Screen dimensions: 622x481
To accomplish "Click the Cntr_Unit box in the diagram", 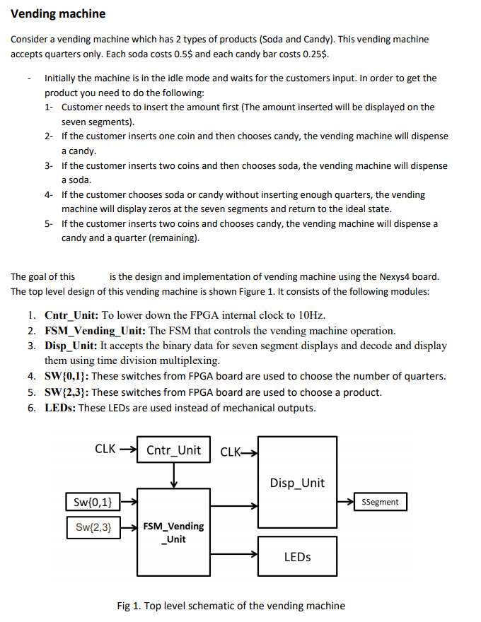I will tap(173, 450).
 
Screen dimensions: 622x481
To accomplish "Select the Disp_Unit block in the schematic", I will tap(297, 483).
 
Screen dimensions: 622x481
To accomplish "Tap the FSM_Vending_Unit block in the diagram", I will tap(173, 532).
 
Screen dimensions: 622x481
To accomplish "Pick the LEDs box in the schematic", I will tap(297, 557).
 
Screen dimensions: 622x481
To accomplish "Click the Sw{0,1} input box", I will tap(93, 503).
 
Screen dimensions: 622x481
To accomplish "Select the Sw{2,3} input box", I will tap(93, 527).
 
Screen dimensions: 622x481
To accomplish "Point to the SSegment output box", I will tap(380, 503).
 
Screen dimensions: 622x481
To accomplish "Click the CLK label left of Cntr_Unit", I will tap(105, 448).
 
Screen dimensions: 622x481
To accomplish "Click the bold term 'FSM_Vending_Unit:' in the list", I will tap(95, 330).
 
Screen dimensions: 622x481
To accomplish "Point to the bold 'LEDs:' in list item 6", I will tap(60, 408).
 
